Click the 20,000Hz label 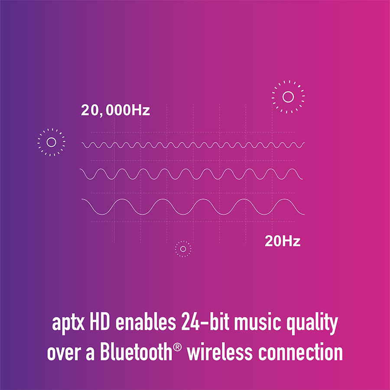pyautogui.click(x=115, y=110)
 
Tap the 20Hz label pyautogui.click(x=283, y=241)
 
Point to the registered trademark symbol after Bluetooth pyautogui.click(x=177, y=347)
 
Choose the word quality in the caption pyautogui.click(x=312, y=323)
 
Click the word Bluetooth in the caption pyautogui.click(x=136, y=351)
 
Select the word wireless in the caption pyautogui.click(x=220, y=352)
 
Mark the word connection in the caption pyautogui.click(x=300, y=352)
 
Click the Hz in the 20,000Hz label pyautogui.click(x=141, y=110)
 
